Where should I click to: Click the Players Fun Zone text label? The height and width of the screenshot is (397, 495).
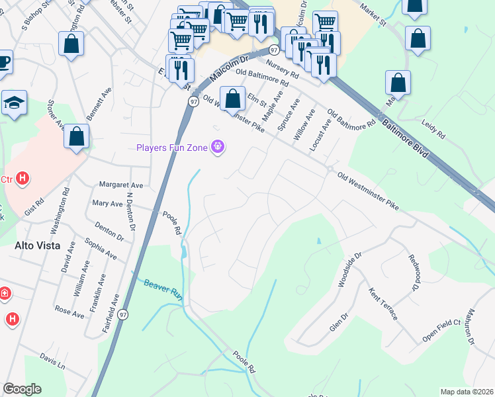[x=172, y=147]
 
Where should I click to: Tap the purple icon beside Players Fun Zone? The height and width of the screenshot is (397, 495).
[x=217, y=147]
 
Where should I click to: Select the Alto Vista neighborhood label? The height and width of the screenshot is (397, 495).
[x=37, y=245]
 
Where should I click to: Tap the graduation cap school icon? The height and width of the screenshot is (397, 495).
[x=14, y=104]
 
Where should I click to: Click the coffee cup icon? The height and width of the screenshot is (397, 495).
[x=3, y=64]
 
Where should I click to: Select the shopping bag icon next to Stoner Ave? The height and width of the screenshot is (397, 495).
[x=77, y=137]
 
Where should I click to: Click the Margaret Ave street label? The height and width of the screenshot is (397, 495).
[x=120, y=185]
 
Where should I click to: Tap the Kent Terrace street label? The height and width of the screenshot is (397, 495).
[x=383, y=304]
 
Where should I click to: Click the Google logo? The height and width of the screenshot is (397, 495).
[x=22, y=389]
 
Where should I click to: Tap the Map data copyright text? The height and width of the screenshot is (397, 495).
[x=466, y=392]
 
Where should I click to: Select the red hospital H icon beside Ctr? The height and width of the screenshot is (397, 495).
[x=22, y=178]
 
